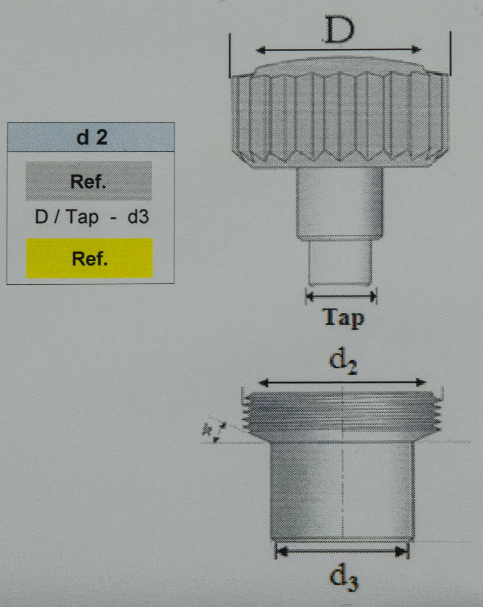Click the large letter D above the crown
[339, 31]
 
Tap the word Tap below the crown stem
[343, 318]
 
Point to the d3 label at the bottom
[344, 578]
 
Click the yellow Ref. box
[89, 258]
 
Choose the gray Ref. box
[89, 181]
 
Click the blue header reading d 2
[91, 137]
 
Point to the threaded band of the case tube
[342, 412]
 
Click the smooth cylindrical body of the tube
[342, 488]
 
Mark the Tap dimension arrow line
[341, 296]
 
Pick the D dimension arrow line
[339, 50]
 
